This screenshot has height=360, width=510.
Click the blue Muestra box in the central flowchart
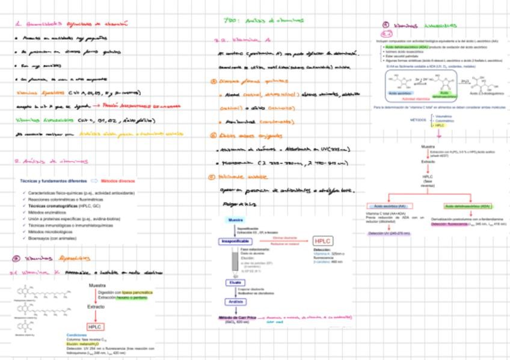235,221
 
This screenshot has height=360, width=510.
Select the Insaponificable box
235,241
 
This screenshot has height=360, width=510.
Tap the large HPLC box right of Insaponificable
323,242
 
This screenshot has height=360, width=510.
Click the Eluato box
235,282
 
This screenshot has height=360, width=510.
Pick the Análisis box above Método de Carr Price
235,302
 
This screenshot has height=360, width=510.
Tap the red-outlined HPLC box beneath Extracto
96,326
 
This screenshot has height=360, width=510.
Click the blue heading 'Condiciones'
77,335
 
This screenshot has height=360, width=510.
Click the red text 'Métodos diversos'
118,180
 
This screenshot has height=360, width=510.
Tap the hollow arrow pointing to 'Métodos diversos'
94,180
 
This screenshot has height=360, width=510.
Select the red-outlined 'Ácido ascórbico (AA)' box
390,206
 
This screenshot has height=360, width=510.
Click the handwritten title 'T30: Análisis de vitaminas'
263,20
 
